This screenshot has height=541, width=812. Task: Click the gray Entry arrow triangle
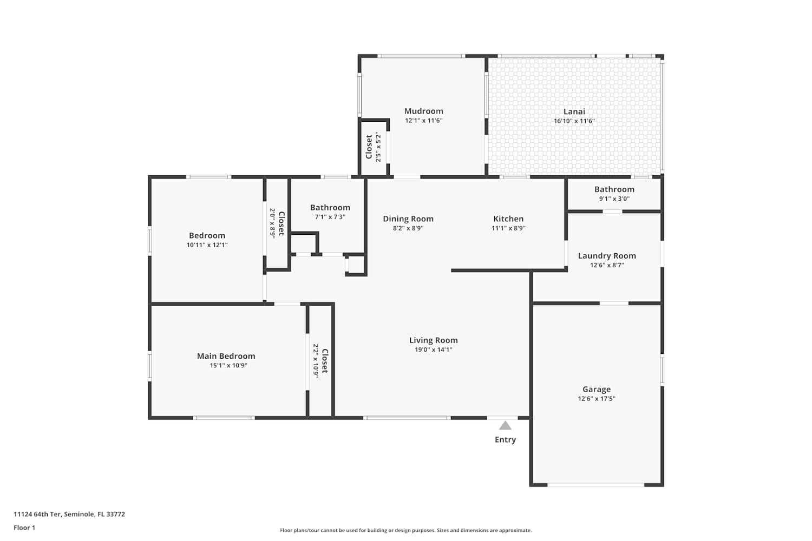(x=505, y=426)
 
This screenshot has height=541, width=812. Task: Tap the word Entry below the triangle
(x=505, y=440)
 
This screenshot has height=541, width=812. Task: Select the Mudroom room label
(x=424, y=111)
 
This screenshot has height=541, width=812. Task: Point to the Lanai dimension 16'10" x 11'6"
(x=574, y=121)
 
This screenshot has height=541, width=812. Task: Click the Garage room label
(x=597, y=390)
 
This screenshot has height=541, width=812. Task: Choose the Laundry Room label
(x=607, y=256)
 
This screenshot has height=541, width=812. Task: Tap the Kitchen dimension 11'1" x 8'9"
(x=509, y=228)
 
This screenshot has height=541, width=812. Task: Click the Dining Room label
(x=408, y=219)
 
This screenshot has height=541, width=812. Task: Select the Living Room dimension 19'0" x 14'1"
(x=434, y=349)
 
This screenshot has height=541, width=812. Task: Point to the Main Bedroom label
(x=226, y=356)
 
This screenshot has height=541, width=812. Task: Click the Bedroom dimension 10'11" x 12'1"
(x=207, y=245)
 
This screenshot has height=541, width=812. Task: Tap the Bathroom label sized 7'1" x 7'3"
(x=330, y=208)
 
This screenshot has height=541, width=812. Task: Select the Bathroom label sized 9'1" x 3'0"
(x=614, y=189)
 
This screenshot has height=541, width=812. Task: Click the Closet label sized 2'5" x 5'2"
(x=369, y=147)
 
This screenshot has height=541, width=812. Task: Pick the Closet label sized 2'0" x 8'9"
(x=281, y=223)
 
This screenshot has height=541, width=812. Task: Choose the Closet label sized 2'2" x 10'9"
(x=325, y=361)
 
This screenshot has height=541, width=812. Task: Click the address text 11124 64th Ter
(x=37, y=514)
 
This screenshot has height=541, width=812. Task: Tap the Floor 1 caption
(x=24, y=527)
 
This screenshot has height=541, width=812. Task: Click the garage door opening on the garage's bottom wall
(x=595, y=485)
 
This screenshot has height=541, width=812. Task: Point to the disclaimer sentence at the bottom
(x=405, y=531)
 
